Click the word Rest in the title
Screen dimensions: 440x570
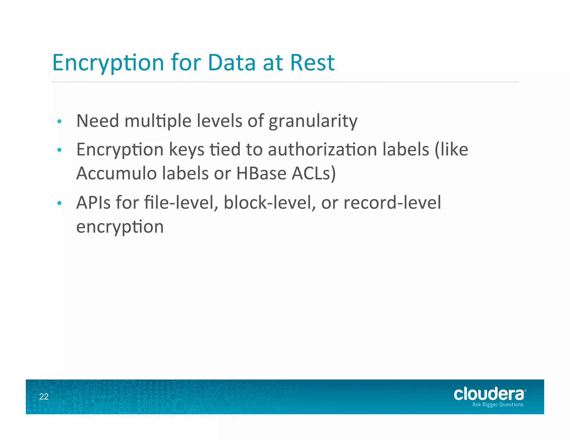pos(312,63)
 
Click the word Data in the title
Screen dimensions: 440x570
pos(232,63)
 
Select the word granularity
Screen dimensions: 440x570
pos(313,122)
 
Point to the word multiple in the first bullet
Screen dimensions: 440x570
pos(158,122)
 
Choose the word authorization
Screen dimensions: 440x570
pos(322,150)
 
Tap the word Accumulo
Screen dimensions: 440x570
pos(117,173)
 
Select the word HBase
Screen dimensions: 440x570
pos(261,173)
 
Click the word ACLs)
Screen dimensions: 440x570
pos(314,174)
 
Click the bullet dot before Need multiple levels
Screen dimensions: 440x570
pos(59,122)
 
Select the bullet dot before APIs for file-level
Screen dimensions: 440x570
pos(59,203)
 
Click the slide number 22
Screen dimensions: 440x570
pos(44,397)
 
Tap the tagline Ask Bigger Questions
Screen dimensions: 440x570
pos(498,405)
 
